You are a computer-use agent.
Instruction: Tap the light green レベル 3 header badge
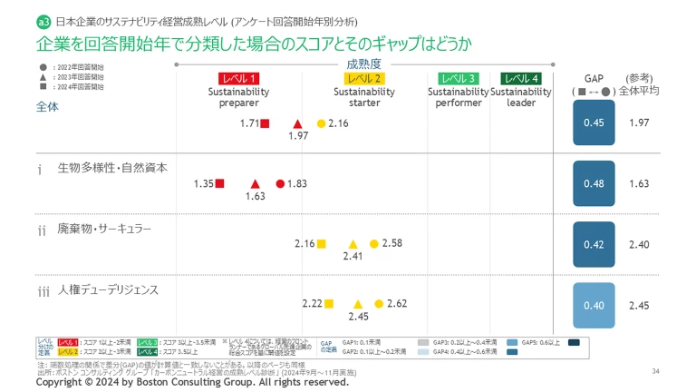[459, 79]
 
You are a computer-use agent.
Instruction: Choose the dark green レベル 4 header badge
[521, 79]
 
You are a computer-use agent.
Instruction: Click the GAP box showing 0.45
[594, 123]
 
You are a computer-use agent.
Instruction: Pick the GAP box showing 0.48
[594, 184]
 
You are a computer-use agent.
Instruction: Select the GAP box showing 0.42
[594, 244]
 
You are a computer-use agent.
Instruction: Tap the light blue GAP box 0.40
[594, 305]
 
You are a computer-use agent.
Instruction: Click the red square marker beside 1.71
[265, 123]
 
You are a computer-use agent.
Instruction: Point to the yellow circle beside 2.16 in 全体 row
[321, 123]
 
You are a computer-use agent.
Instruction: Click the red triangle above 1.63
[256, 183]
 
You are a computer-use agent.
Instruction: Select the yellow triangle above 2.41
[353, 243]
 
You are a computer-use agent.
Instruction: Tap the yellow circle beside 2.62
[379, 304]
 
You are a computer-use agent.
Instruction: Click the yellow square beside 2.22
[330, 304]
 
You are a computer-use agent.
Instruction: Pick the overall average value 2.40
[639, 245]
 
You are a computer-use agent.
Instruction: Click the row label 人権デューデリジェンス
[108, 290]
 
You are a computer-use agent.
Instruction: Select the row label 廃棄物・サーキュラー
[104, 230]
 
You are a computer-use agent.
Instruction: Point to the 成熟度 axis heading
[363, 64]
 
